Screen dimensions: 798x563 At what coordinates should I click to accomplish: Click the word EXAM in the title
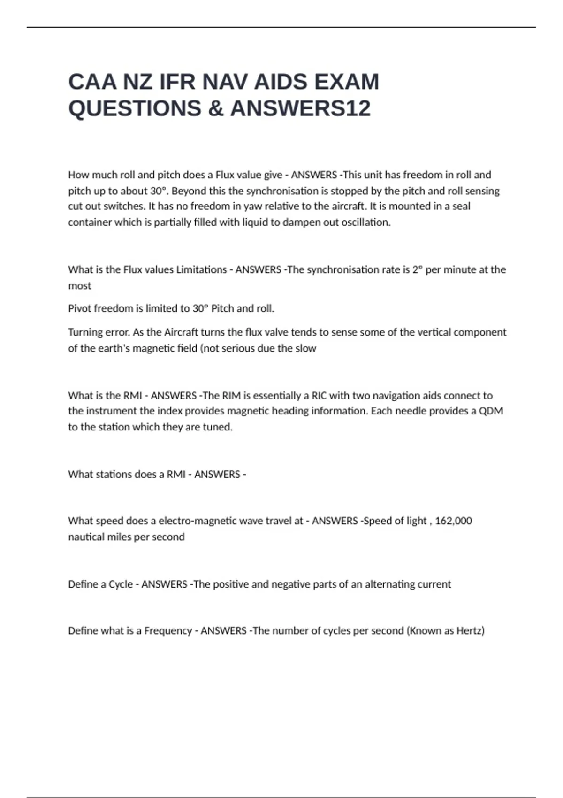[346, 82]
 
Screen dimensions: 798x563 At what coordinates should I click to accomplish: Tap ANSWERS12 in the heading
[300, 108]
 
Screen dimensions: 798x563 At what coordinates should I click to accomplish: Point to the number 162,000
[453, 521]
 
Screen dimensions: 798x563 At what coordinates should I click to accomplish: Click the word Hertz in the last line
[469, 630]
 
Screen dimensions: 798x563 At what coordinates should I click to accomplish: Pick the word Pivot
[80, 308]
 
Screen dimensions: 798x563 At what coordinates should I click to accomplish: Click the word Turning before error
[84, 332]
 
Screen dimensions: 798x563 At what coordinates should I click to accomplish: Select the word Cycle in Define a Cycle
[121, 584]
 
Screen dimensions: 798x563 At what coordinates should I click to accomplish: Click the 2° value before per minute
[418, 269]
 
